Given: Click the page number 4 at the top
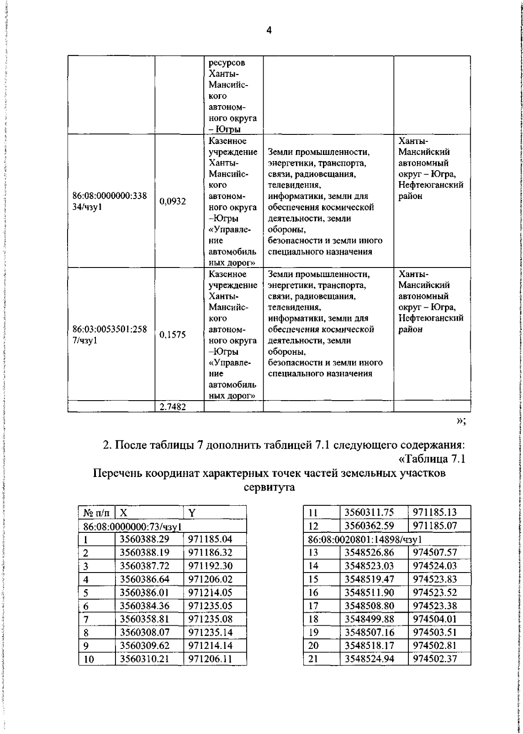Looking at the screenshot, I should point(268,31).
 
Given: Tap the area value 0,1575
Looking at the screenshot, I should point(173,335).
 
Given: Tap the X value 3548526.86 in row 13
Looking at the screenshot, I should point(369,552).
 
